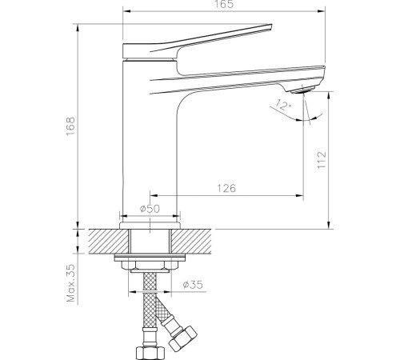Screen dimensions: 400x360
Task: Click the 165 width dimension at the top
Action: click(223, 4)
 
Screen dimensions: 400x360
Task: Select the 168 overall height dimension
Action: click(71, 126)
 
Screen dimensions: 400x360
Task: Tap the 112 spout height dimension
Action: click(322, 160)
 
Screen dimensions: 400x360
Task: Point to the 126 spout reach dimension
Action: click(226, 188)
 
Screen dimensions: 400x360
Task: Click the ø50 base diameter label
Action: click(150, 209)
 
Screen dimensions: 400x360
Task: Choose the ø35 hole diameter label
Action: click(193, 285)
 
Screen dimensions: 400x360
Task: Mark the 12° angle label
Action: click(284, 105)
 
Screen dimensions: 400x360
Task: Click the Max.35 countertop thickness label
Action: click(71, 283)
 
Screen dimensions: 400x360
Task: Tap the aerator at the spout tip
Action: click(303, 90)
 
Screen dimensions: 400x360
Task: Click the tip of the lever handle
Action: click(271, 25)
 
